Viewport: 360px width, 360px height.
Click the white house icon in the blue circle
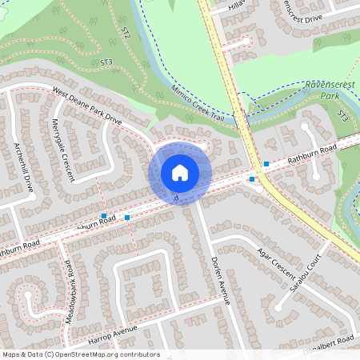pos(179,173)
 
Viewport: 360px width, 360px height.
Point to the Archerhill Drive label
pos(23,167)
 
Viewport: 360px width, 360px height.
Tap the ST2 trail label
pos(126,34)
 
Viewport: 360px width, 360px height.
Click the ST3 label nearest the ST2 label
pos(106,61)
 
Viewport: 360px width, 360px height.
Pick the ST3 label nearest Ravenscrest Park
pos(342,117)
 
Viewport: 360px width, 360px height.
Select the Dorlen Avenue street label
pos(221,280)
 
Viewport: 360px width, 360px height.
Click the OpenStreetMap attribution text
pos(81,354)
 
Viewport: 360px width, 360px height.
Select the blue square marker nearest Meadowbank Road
pos(104,216)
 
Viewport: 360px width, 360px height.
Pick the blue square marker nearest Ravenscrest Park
pos(266,163)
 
